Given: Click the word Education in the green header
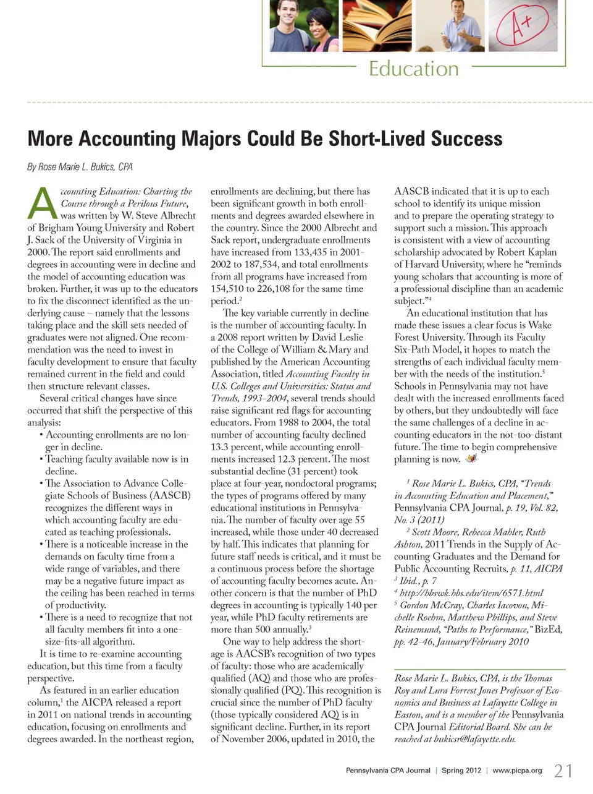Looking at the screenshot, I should (413, 68).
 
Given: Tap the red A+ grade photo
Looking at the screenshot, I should (523, 25).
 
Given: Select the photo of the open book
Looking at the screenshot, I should (377, 25).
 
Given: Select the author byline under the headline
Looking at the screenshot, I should (80, 167).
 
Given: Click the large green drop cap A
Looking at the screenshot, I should (43, 204).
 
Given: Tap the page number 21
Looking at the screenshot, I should (563, 771).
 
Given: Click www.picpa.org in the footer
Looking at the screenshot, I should (517, 771).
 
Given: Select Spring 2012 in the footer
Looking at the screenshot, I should (461, 771).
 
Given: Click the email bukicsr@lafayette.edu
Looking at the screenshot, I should (479, 739).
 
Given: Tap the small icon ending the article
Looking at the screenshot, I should (472, 459).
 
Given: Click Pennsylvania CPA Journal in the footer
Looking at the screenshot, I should (388, 771).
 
